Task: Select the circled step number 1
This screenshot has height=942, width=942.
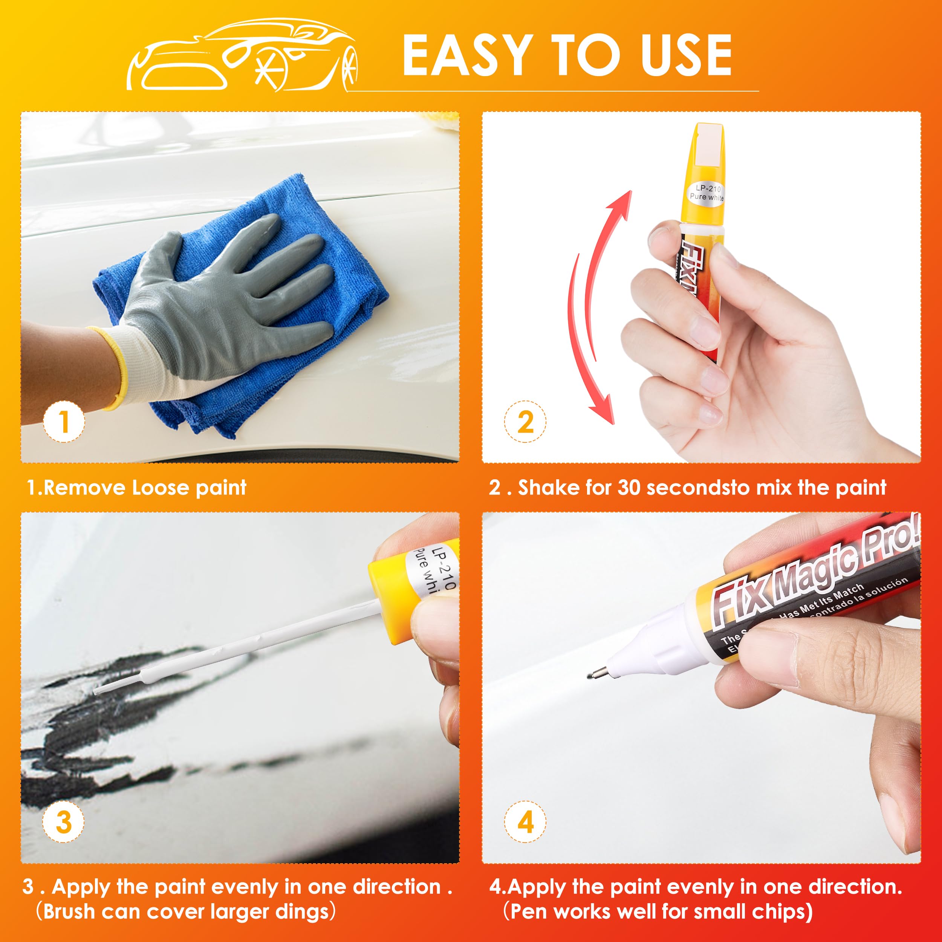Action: click(64, 422)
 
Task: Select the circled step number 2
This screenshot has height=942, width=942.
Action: click(525, 422)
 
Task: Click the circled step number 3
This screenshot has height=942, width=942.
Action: click(64, 823)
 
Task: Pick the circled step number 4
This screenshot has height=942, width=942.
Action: click(525, 823)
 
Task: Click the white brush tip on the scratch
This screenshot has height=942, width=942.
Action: click(105, 688)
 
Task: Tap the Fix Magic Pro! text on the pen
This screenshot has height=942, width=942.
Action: click(814, 575)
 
